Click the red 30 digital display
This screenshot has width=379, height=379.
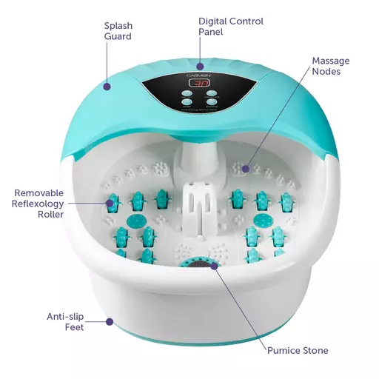click(x=199, y=83)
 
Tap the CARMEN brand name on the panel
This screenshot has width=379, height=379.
click(x=199, y=76)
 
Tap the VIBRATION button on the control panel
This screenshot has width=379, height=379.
click(x=212, y=93)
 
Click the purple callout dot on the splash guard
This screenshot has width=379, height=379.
click(x=107, y=87)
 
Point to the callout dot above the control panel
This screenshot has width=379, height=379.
click(x=200, y=67)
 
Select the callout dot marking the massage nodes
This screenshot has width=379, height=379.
click(x=245, y=169)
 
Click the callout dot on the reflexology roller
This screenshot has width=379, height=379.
click(x=110, y=203)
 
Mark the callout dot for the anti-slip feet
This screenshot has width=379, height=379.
click(x=110, y=321)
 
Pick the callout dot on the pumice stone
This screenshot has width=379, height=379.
click(x=215, y=266)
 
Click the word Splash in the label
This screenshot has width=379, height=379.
click(x=118, y=26)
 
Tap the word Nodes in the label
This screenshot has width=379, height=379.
click(x=326, y=71)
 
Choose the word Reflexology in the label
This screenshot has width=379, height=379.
click(x=38, y=204)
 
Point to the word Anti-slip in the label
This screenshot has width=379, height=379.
click(x=65, y=317)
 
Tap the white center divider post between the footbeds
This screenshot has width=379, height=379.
click(x=200, y=209)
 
